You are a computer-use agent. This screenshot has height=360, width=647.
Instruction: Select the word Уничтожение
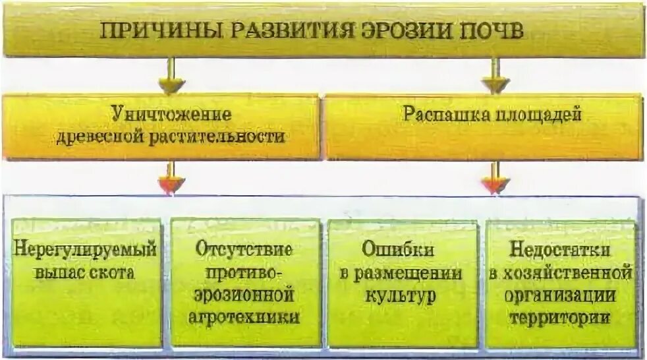click(x=170, y=114)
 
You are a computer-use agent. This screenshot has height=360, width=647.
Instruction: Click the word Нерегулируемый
click(x=86, y=250)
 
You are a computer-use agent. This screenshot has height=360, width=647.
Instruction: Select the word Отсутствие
click(x=244, y=250)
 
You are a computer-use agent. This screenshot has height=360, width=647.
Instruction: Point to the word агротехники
click(x=244, y=316)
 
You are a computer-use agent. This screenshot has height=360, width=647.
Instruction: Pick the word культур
click(x=398, y=294)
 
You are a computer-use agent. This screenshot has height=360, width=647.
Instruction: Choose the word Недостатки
click(x=560, y=250)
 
